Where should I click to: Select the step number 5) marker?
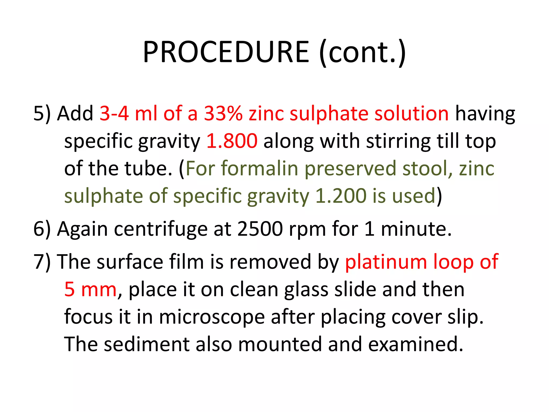tap(42, 113)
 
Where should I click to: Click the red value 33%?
tap(223, 113)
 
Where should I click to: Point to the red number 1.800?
tap(232, 141)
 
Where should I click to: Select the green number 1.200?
tap(340, 196)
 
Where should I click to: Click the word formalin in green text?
tap(259, 168)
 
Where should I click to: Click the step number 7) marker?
tap(42, 262)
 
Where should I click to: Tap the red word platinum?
tap(386, 262)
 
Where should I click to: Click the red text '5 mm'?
tap(90, 289)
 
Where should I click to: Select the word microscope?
tap(212, 317)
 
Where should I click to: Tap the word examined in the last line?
tap(416, 344)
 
